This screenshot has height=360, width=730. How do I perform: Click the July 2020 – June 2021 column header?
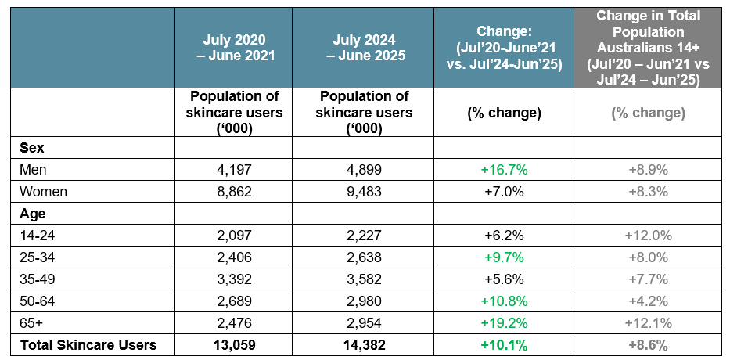(x=234, y=47)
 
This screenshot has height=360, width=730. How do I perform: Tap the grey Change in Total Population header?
(x=648, y=47)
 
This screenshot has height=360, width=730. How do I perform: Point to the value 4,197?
(x=234, y=169)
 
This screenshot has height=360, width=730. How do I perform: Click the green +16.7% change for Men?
(x=504, y=169)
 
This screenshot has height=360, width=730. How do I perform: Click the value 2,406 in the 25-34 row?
(x=234, y=257)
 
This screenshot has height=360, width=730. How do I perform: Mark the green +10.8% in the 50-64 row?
(x=504, y=301)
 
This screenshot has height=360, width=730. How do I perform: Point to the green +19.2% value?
(x=504, y=322)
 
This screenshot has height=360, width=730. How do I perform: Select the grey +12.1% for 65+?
(x=648, y=322)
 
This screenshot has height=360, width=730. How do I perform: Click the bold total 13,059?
(x=234, y=344)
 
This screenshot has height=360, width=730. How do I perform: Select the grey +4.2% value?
(x=648, y=301)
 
